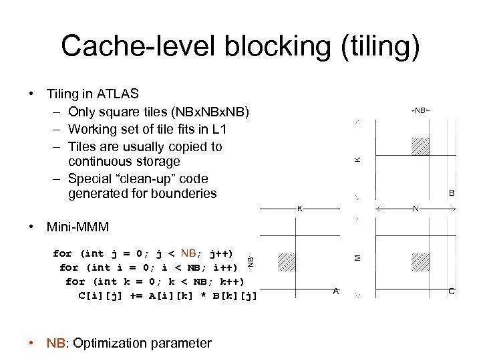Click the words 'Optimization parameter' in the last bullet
tap(142, 344)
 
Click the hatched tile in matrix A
tap(285, 261)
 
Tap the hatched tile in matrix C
tap(420, 261)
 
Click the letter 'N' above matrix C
tap(416, 209)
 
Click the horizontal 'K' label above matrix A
tap(299, 209)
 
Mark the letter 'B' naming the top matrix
tap(452, 193)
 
